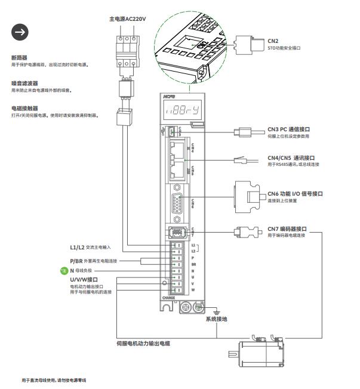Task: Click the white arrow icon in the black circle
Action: point(21,33)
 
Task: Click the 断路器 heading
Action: point(19,58)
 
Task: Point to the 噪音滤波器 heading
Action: point(24,83)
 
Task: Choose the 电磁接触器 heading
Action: point(24,109)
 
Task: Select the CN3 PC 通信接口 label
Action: point(297,129)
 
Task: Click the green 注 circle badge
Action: point(65,271)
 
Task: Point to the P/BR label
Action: point(76,261)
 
